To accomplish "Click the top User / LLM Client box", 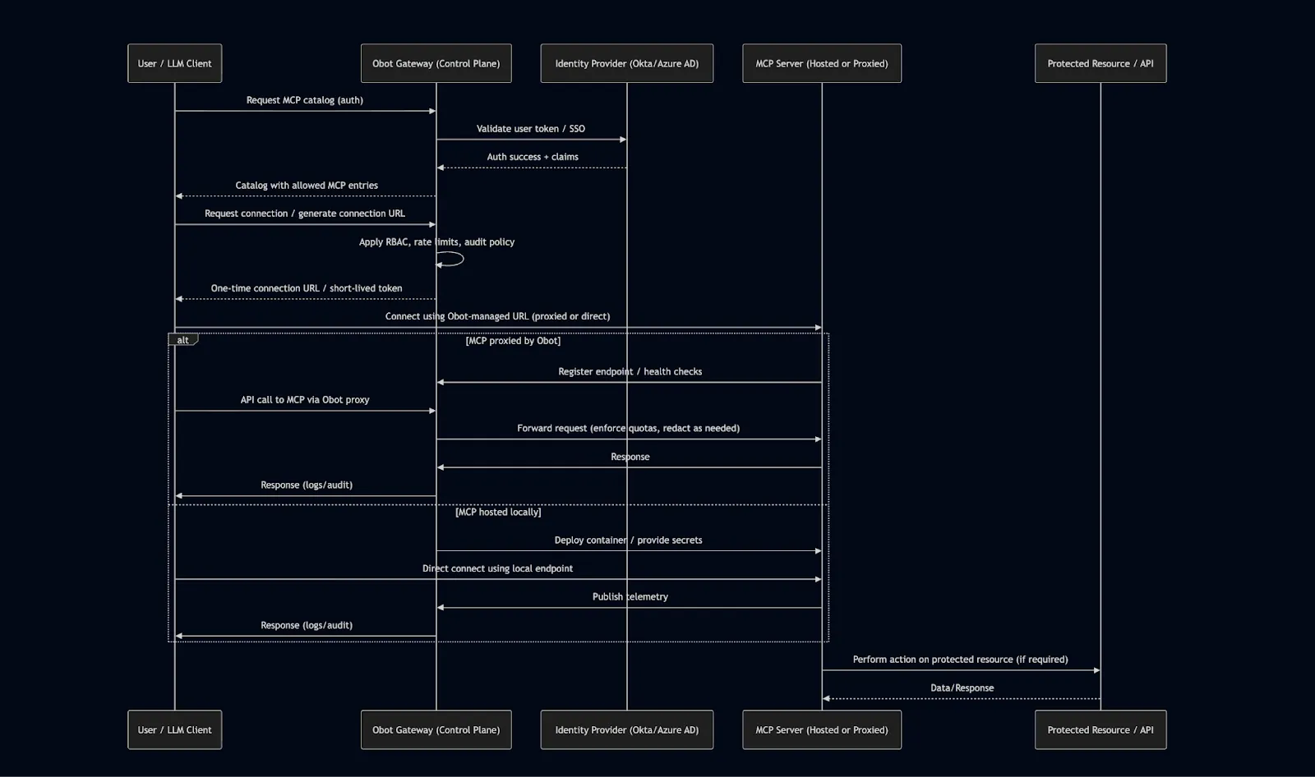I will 174,63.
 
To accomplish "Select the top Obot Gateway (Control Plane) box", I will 436,63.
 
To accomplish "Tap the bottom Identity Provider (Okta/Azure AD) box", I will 626,729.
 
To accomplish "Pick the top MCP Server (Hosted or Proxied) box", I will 821,63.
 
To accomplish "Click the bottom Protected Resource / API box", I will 1100,729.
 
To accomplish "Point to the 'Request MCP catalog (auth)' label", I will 304,100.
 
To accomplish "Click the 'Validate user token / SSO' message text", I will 531,129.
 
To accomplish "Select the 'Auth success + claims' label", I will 533,157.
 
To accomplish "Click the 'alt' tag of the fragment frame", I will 182,340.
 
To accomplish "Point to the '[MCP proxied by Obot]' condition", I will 513,340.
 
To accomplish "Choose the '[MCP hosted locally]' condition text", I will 498,512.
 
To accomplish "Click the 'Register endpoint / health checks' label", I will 630,372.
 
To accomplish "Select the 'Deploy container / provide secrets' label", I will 628,540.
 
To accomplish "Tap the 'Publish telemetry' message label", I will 630,597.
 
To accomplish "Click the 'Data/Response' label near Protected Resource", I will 962,688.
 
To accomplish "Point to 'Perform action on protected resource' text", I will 960,660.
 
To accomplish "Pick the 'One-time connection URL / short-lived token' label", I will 307,288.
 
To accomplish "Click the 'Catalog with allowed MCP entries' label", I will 307,186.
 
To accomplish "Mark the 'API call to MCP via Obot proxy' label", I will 305,400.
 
